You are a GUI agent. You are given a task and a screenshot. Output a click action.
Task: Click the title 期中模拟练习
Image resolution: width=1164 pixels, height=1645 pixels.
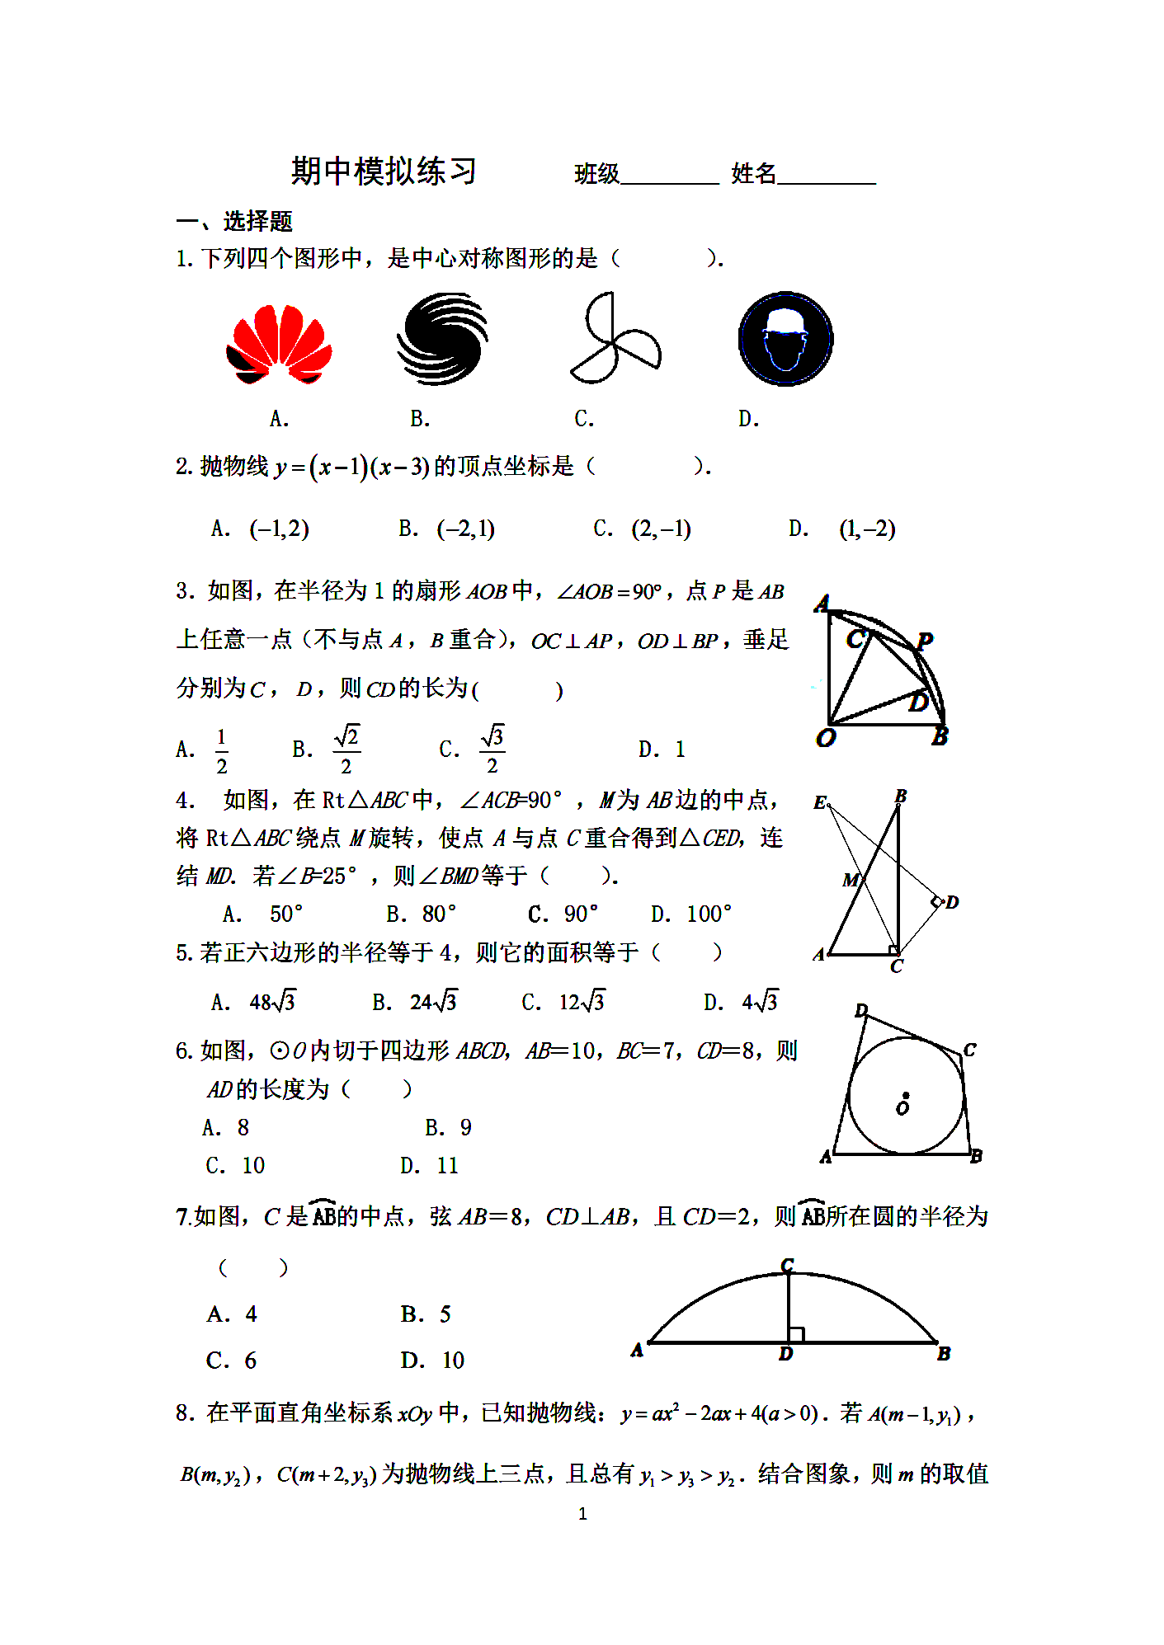pos(384,172)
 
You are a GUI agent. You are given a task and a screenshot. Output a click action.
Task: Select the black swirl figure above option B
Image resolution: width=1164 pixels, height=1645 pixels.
pos(442,339)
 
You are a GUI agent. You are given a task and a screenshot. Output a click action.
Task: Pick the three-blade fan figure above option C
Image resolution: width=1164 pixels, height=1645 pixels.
pos(615,339)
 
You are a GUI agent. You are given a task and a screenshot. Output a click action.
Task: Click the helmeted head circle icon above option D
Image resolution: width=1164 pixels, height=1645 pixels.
pos(785,339)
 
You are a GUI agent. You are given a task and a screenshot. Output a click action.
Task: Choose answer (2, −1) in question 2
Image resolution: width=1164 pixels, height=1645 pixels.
pos(661,529)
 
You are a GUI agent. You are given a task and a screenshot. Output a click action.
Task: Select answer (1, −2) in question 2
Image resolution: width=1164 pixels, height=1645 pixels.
pos(867,529)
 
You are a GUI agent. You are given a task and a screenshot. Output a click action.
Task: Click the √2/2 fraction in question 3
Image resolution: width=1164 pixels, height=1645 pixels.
pos(346,750)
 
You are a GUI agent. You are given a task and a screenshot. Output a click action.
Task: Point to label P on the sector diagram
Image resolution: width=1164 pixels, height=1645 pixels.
pos(925,641)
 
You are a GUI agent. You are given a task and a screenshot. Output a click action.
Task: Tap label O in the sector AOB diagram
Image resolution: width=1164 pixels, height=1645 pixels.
pos(825,738)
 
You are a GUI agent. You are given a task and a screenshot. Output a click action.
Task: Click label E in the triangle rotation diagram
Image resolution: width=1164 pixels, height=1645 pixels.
pos(819,802)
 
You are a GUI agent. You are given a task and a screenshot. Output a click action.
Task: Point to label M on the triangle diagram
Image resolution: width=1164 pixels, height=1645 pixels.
pos(851,880)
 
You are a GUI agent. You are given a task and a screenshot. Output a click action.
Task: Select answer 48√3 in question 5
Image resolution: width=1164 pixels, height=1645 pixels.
pos(272,1002)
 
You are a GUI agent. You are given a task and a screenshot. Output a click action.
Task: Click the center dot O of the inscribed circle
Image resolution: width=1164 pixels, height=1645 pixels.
pos(905,1096)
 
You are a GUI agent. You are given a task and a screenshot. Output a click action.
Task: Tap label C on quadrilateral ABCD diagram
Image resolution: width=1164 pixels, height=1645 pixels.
pos(969,1050)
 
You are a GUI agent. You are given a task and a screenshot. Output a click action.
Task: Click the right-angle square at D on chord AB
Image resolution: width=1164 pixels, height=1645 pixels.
pos(796,1334)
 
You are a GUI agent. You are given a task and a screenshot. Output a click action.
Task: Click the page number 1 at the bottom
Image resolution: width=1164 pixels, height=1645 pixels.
pos(582,1514)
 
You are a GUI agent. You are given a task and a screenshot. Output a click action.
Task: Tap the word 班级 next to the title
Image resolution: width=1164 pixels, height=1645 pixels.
pos(596,174)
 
